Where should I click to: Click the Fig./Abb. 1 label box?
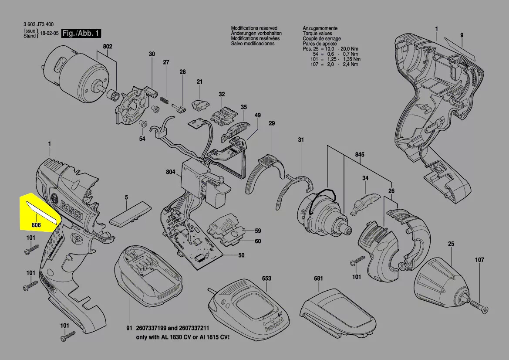click(x=82, y=34)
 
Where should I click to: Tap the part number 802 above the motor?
click(x=108, y=47)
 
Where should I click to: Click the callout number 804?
click(x=170, y=172)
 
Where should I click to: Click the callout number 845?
click(x=360, y=155)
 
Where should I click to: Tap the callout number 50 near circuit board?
click(x=241, y=255)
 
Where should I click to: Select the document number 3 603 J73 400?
click(x=39, y=25)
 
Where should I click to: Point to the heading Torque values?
click(x=317, y=34)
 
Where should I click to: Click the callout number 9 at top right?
click(x=462, y=35)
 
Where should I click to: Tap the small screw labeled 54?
click(x=143, y=124)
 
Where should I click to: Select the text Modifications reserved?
click(x=253, y=28)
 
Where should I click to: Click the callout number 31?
click(x=300, y=140)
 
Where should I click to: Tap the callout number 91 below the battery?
click(x=129, y=327)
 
